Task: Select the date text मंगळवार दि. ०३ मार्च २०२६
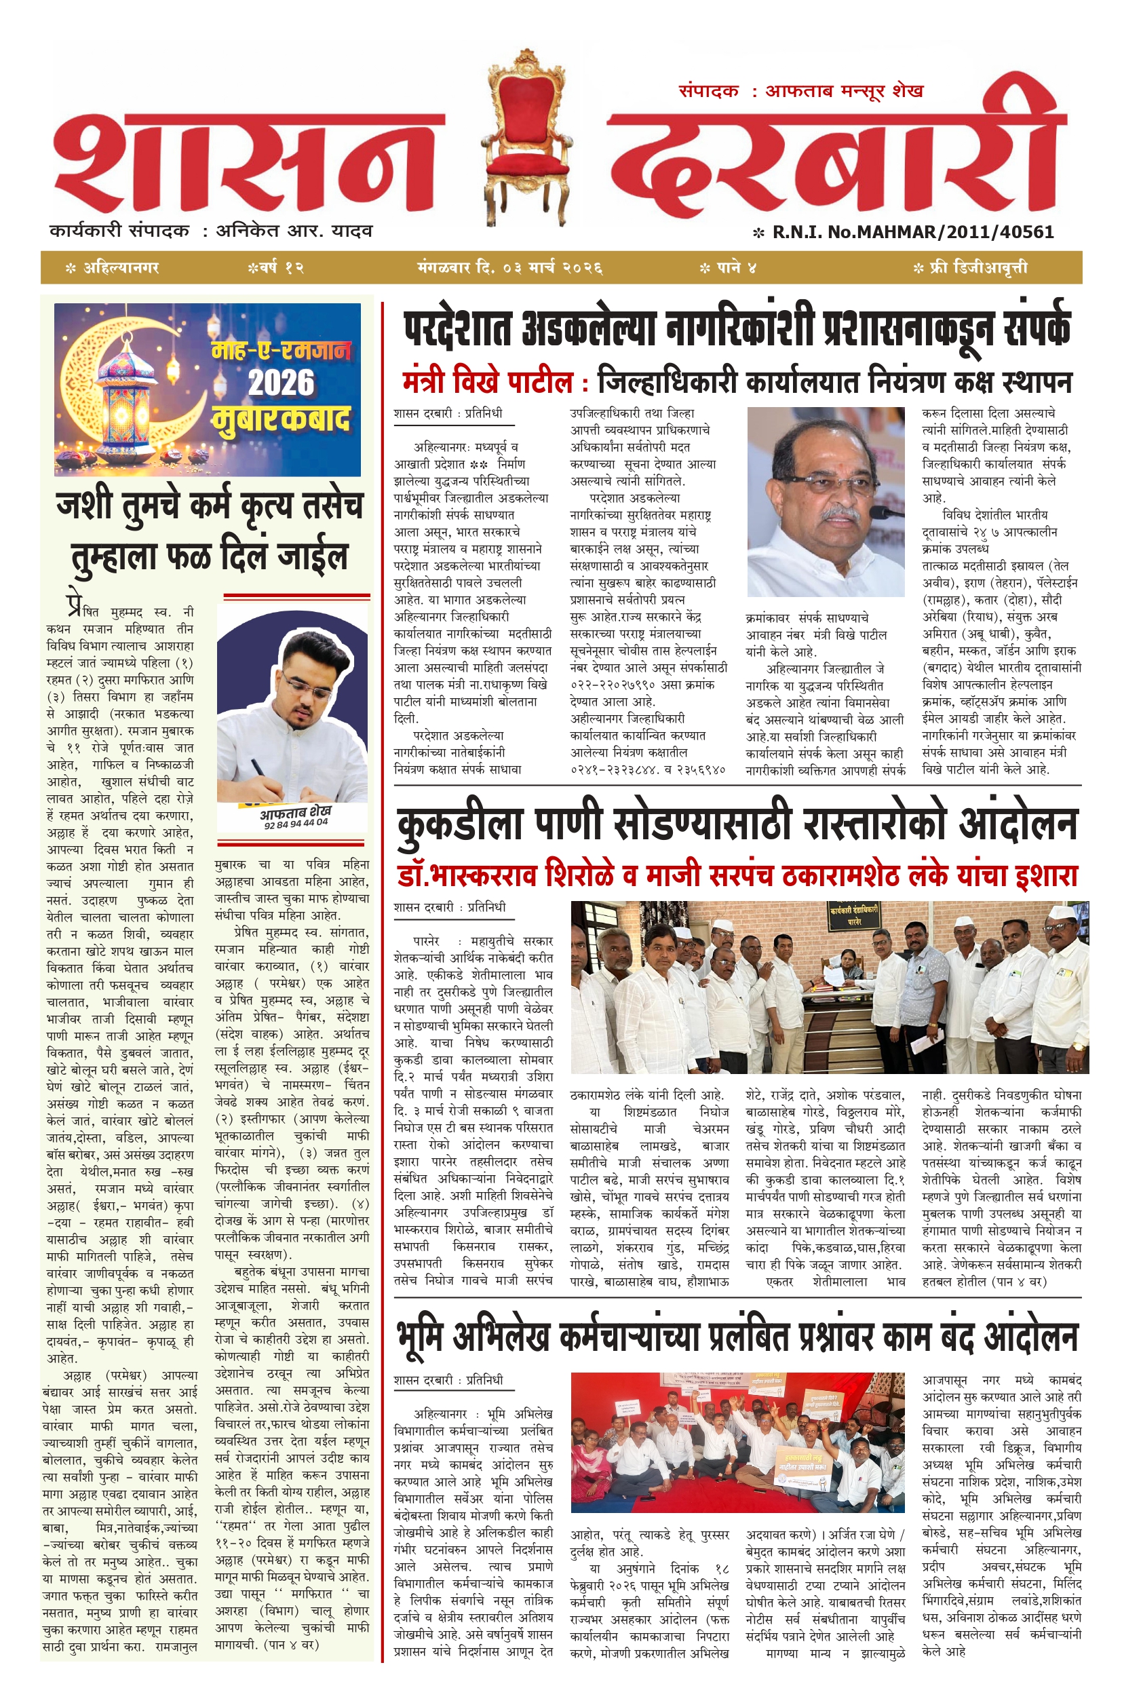[509, 268]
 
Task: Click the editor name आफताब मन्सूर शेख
[845, 91]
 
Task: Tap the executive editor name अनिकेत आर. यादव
[294, 231]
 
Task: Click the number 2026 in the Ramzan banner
[282, 383]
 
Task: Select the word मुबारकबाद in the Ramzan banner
[282, 419]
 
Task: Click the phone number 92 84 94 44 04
[296, 824]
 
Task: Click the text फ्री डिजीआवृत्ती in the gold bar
[978, 268]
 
